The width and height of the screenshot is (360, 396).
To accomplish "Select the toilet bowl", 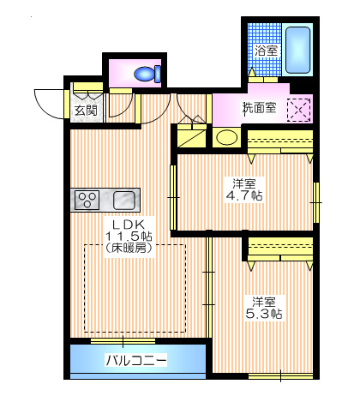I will coord(147,74).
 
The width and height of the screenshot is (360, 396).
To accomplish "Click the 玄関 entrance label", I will coord(85,110).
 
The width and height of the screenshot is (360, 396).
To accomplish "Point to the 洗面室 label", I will coord(258,108).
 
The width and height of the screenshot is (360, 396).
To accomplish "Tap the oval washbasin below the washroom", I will coord(226,137).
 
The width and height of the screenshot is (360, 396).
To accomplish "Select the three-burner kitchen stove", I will coord(88,200).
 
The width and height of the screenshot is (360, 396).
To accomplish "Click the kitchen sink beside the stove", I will coord(124,200).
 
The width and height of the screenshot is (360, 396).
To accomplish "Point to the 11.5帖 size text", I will coord(129,236).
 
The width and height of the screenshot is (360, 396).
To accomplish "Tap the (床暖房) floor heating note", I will coord(129,249).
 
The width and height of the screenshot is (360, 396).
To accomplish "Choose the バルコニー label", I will coord(136,359).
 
